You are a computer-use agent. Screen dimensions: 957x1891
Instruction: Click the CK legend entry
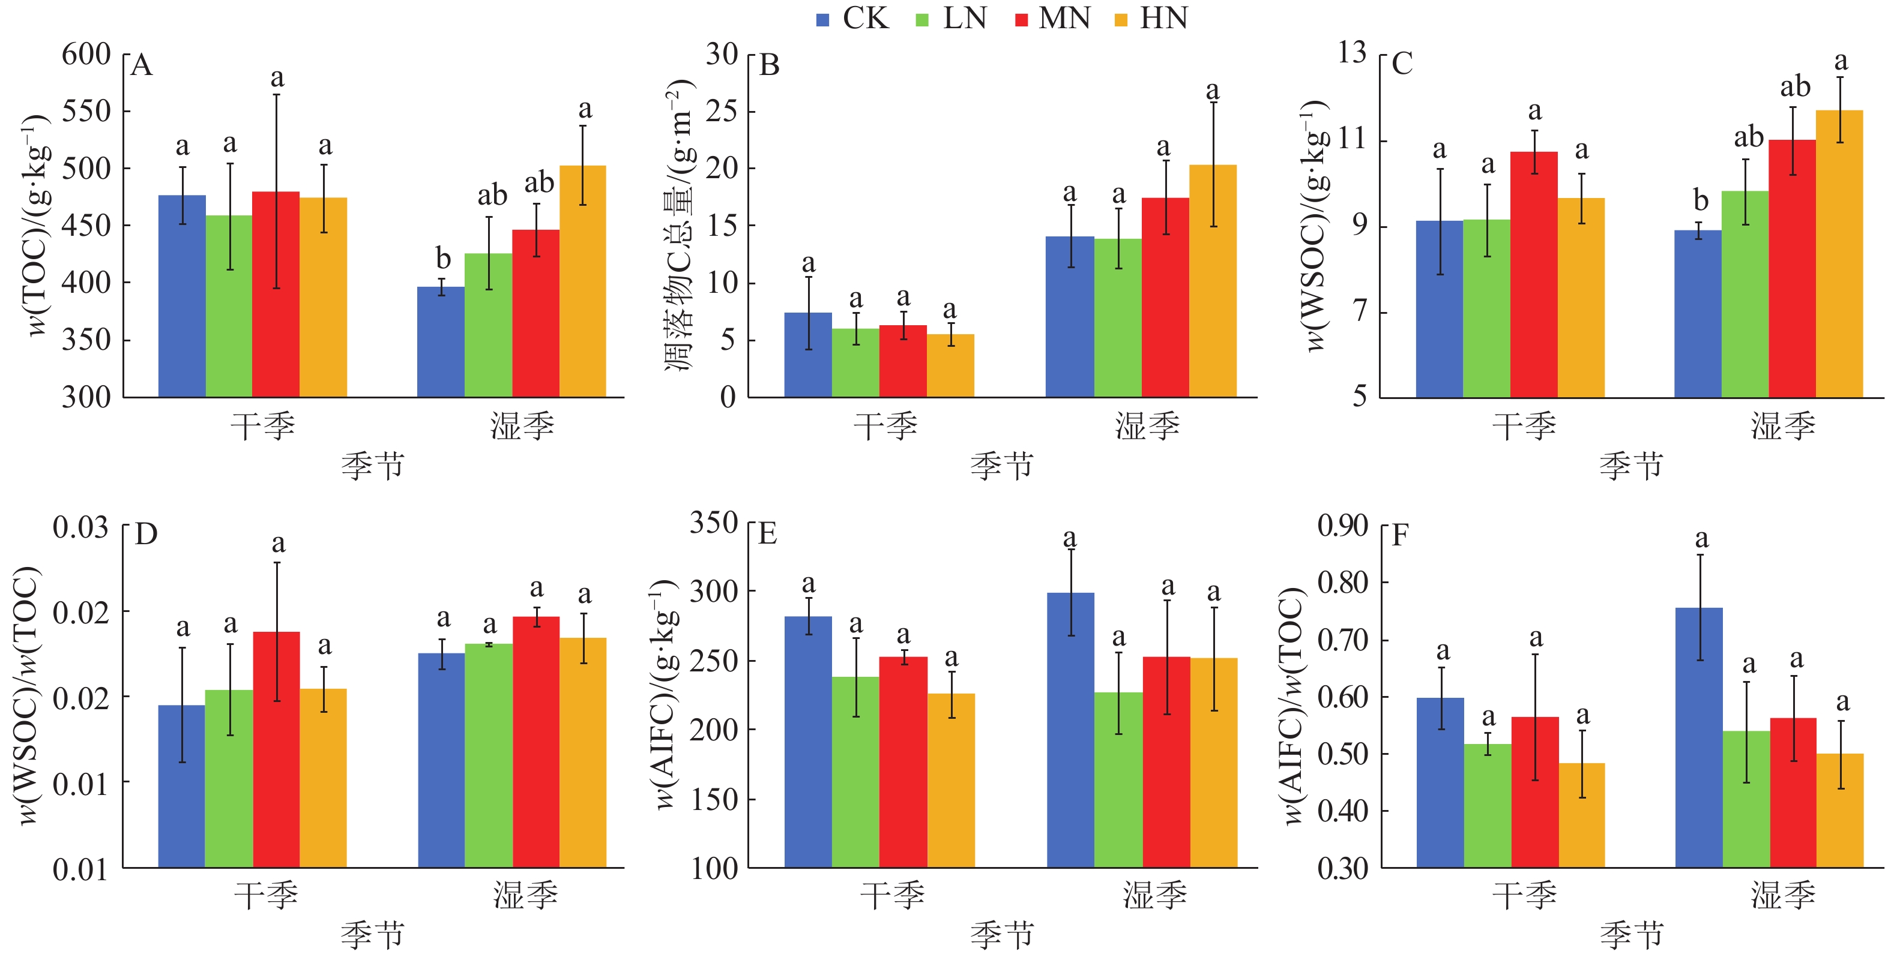point(853,19)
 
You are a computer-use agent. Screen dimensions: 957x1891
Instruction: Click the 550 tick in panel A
point(86,112)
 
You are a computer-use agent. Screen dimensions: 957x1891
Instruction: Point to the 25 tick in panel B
point(721,112)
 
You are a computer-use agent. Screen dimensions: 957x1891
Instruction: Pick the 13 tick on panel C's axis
point(1351,53)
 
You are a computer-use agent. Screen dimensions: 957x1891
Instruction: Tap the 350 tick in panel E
point(714,523)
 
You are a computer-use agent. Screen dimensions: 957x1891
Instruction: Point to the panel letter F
point(1400,535)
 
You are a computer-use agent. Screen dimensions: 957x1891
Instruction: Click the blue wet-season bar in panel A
point(441,341)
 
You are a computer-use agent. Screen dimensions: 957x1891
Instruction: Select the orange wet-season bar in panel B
point(1213,280)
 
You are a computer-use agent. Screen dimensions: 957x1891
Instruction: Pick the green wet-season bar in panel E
point(1119,779)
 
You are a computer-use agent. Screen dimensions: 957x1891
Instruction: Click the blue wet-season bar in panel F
point(1699,737)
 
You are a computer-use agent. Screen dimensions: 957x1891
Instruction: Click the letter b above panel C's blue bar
point(1700,200)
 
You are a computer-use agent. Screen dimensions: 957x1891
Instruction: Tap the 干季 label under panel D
point(266,895)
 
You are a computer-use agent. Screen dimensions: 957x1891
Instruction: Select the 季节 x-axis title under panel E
point(1001,935)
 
